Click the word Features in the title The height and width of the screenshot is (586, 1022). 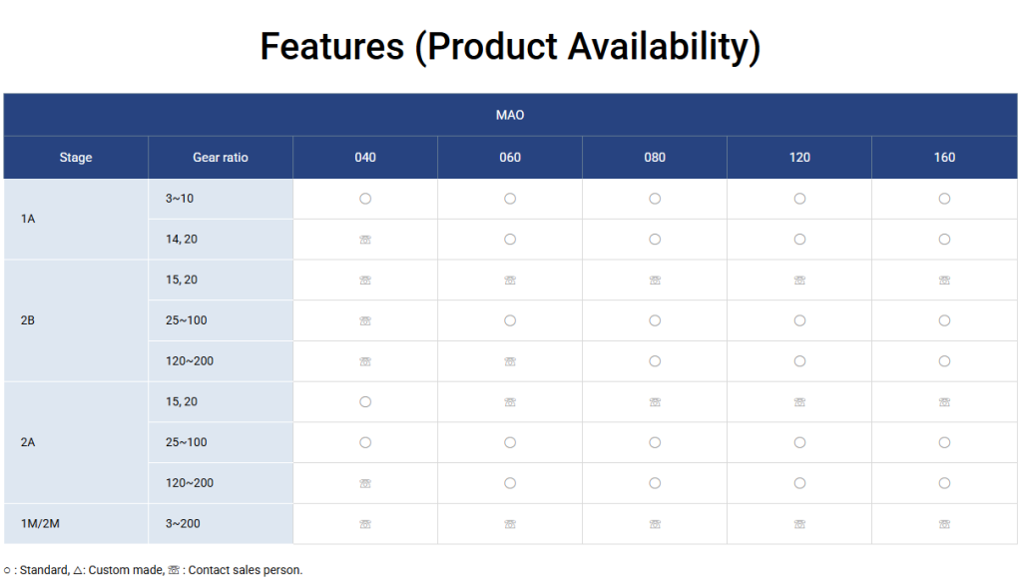(x=331, y=47)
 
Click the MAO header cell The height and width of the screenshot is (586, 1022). (x=510, y=115)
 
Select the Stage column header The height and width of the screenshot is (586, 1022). (x=76, y=157)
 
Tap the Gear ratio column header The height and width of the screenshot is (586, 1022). (x=221, y=157)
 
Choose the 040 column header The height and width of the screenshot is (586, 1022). (x=365, y=157)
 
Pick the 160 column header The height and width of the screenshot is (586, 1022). (x=944, y=157)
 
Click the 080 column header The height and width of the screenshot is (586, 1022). (x=655, y=157)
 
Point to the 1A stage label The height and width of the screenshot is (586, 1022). (x=28, y=219)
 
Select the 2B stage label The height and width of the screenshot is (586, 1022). (x=28, y=320)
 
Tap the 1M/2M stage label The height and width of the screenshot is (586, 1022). (x=40, y=523)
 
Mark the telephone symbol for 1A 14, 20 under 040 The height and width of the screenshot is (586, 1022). (x=365, y=240)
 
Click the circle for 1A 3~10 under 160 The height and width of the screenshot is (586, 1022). (x=944, y=199)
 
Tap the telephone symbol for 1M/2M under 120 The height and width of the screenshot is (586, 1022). (x=799, y=524)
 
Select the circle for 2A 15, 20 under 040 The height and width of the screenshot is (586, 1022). (x=365, y=402)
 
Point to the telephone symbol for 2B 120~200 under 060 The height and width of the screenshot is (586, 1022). (x=510, y=361)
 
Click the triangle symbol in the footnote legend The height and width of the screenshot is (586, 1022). (x=78, y=570)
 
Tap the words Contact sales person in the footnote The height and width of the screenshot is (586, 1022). (x=246, y=570)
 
